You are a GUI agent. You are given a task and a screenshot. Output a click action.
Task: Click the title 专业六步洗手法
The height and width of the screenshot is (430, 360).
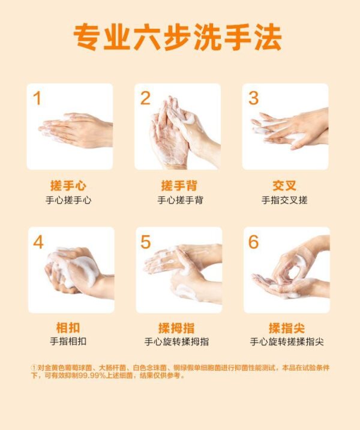point(178,37)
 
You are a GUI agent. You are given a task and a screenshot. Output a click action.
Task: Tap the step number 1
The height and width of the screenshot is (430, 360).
point(37,98)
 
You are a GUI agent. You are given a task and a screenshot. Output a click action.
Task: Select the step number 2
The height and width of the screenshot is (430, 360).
point(145,98)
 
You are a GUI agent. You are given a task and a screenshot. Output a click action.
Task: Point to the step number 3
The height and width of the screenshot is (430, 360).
point(253,98)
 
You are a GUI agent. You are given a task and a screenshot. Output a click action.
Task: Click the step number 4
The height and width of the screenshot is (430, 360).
point(38,242)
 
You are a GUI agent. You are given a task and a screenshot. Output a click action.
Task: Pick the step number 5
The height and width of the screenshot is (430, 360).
point(145,242)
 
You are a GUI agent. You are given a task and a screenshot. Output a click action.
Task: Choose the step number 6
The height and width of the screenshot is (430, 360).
point(254,242)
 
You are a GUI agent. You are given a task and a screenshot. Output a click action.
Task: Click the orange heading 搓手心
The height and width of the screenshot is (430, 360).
point(68,186)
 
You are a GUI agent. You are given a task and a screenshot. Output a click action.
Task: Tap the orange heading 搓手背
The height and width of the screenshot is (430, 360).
point(179,186)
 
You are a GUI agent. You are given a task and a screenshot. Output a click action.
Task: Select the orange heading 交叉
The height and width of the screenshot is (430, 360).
point(284,186)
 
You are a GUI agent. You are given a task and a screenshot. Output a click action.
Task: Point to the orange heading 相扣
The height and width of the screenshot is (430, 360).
point(68,327)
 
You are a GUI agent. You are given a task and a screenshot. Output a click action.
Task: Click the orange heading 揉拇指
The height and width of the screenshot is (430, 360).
point(176,328)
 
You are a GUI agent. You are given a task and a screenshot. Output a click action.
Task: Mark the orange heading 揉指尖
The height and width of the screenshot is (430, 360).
point(287,328)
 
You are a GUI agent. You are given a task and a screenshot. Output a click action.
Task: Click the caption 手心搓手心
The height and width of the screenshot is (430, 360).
point(68,200)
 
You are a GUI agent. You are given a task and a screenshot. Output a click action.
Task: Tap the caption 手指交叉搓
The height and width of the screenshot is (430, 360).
point(284,200)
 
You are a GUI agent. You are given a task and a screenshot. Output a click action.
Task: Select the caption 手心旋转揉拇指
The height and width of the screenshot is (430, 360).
point(177,342)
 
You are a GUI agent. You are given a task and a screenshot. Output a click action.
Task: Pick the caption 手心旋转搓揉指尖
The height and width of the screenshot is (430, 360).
point(287,342)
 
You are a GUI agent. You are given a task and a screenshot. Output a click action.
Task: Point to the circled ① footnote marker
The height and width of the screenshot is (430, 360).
point(34,368)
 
